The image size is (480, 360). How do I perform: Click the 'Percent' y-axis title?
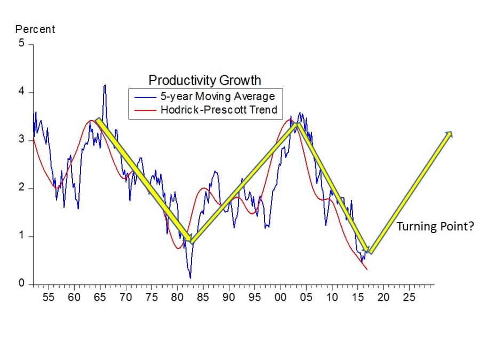(35, 29)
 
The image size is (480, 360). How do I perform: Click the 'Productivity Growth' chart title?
(205, 81)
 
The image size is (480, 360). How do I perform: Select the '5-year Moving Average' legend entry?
(218, 97)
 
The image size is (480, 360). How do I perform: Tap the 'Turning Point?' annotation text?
(435, 227)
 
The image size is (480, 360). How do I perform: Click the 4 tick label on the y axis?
(22, 92)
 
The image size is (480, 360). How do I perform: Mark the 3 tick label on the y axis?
(22, 140)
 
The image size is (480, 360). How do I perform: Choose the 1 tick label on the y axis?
(22, 236)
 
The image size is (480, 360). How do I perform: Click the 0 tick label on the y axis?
(22, 284)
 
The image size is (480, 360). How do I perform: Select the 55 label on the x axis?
(48, 297)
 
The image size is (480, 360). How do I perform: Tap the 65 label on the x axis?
(100, 297)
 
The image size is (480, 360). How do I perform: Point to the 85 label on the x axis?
(203, 297)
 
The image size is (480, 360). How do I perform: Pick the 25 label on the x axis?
(409, 297)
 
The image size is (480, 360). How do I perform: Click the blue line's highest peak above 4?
(105, 85)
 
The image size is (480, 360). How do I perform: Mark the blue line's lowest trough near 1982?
(190, 278)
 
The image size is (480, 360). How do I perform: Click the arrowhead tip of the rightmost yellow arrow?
(452, 132)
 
